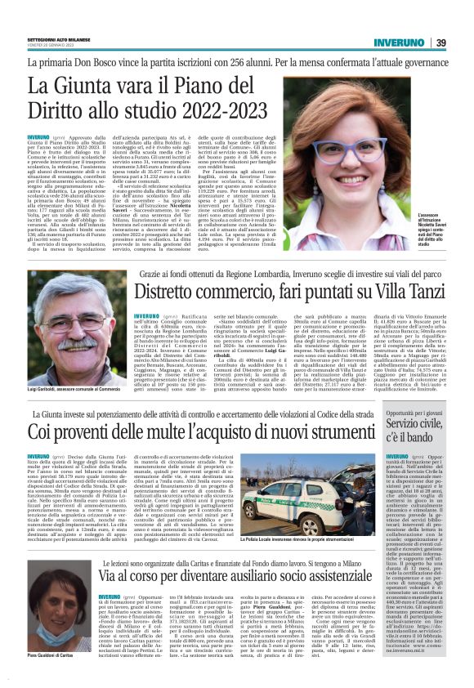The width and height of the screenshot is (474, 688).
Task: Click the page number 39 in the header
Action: point(440,43)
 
